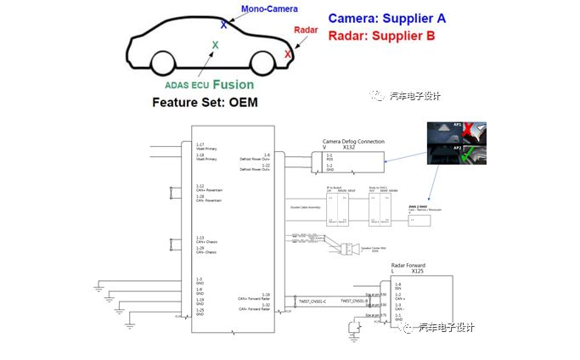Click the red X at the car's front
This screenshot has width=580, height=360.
click(x=289, y=54)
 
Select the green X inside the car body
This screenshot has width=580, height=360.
click(x=215, y=45)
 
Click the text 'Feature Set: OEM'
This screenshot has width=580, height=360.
click(x=204, y=103)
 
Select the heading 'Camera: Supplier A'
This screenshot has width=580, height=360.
click(x=386, y=17)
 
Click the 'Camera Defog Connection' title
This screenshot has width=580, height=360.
click(x=353, y=141)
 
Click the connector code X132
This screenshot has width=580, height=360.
click(x=348, y=147)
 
